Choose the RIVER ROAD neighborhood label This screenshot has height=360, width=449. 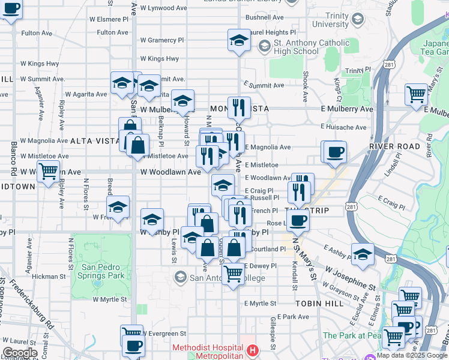tap(394, 146)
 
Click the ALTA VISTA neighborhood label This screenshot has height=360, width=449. tap(95, 140)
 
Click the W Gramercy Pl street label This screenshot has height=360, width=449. tap(162, 40)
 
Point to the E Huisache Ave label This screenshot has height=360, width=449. tap(347, 127)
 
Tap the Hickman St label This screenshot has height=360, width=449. tap(49, 277)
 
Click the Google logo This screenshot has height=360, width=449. tap(20, 353)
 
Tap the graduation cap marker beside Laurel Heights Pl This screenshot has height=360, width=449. tap(239, 41)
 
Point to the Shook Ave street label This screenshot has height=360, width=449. tap(306, 85)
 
